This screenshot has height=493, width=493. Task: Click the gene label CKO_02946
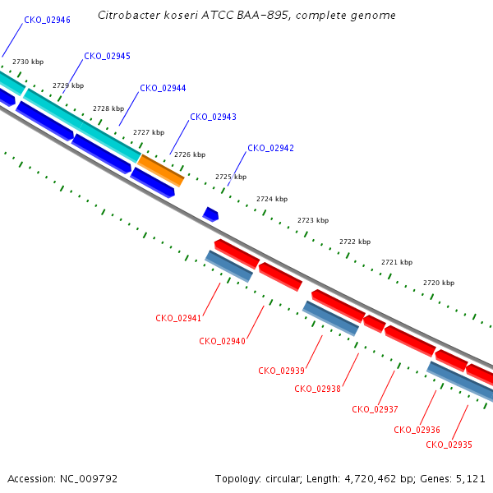(47, 20)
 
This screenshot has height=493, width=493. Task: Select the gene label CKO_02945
(107, 56)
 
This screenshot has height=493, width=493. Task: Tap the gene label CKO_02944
(163, 89)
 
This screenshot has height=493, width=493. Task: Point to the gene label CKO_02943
(213, 117)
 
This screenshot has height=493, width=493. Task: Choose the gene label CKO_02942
(270, 149)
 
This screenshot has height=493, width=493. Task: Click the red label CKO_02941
(178, 318)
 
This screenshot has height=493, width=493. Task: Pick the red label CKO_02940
(223, 342)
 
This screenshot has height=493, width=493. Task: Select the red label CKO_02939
(281, 371)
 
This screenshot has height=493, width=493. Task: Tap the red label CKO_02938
(317, 389)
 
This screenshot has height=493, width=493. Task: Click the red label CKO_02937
(375, 409)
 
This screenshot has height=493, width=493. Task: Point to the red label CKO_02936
(417, 430)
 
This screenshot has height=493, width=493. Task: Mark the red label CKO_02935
(449, 445)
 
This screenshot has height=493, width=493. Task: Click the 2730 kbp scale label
(28, 62)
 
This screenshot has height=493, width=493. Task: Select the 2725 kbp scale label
(231, 177)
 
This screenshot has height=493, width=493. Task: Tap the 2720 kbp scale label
(439, 283)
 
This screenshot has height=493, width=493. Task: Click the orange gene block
(161, 170)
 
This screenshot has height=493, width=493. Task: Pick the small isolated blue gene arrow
(210, 214)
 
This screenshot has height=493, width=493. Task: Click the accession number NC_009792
(89, 479)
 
